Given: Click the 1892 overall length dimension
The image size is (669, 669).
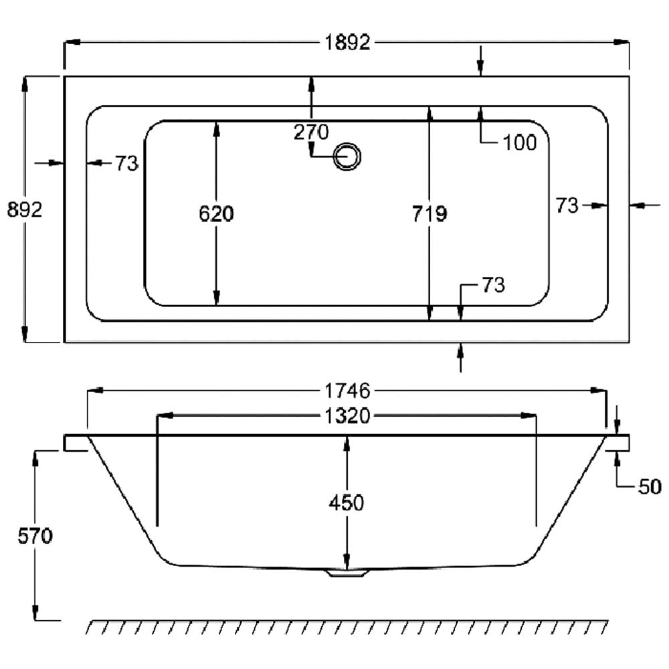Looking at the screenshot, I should pos(348,43).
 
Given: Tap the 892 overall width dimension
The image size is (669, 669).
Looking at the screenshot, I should pos(25,209).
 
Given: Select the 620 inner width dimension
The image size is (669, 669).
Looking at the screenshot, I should pos(217,213).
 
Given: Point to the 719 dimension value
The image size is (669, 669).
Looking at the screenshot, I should pos(429,213).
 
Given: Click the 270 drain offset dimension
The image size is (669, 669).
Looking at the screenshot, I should pos(311,132).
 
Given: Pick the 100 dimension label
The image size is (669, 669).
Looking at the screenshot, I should pos(519,142).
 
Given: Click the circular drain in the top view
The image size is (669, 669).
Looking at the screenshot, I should pos(347,157).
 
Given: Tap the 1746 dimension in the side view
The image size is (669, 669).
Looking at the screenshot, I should pos(348,390).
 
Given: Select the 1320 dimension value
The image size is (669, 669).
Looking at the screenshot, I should pos(347,415).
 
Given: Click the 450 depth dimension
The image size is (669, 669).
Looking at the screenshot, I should pos(347,502).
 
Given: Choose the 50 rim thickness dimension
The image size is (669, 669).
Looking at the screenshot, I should pos(649,486).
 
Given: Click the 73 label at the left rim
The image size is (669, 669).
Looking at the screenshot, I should pos(126,163).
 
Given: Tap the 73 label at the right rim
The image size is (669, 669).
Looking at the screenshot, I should pos(567,205).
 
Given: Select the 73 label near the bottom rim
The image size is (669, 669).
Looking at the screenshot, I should pos(492,286).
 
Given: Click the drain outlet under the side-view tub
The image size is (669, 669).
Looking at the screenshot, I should pos(346,573).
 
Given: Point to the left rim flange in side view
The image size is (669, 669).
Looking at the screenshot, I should pos(76,443).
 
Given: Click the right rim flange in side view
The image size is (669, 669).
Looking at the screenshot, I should pos(618,442).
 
